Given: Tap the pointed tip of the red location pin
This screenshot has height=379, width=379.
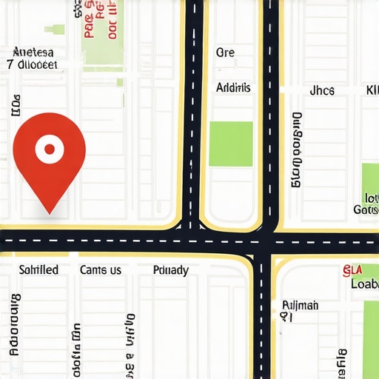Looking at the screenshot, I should [50, 213].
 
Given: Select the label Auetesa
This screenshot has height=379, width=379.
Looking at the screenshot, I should [34, 53].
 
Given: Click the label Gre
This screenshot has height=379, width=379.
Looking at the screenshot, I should [225, 53].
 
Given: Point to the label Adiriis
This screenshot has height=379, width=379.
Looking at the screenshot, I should [233, 87].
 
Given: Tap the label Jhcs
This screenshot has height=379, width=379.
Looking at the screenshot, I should [322, 90].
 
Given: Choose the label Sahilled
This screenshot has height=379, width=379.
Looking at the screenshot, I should [38, 269].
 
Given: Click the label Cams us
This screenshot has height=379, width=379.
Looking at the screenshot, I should [100, 269].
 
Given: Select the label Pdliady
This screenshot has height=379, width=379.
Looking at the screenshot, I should [170, 269].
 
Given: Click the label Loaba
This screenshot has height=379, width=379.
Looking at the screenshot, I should [364, 284].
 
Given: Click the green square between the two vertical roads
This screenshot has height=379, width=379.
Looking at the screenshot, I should [230, 144].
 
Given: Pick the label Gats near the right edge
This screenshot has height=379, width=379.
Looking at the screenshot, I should [366, 209].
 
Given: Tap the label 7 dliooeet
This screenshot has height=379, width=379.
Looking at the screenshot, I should [32, 64].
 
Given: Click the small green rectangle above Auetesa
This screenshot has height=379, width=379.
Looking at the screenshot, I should [54, 30].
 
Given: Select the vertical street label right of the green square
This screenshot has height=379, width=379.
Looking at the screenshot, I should [297, 149].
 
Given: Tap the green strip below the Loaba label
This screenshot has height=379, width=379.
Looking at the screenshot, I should [372, 333].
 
